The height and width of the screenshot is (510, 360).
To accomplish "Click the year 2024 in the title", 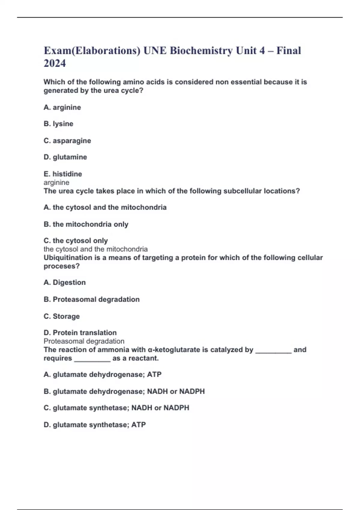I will click(55, 63).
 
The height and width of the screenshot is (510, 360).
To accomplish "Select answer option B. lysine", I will click(58, 124).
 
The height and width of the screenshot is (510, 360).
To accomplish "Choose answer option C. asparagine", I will click(67, 141).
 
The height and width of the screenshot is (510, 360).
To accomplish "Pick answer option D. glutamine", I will click(65, 157).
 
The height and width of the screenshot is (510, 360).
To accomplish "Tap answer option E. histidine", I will click(63, 174).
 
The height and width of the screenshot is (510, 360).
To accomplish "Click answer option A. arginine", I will click(62, 107).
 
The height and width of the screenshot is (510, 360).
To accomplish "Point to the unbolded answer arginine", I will click(56, 182).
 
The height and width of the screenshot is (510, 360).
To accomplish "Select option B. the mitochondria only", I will click(86, 224).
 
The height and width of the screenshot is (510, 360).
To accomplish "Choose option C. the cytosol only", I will click(76, 241).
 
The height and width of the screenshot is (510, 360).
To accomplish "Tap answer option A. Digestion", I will click(65, 283).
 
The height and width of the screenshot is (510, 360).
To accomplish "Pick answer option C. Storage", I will click(62, 316).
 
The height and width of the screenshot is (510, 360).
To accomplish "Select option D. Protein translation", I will click(80, 333).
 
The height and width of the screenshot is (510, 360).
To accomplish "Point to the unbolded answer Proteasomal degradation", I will click(84, 341).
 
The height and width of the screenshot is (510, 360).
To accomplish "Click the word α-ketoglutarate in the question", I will click(174, 350).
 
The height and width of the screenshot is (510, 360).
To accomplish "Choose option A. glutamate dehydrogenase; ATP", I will click(103, 375).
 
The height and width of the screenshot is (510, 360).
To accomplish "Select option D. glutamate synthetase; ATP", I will click(95, 425).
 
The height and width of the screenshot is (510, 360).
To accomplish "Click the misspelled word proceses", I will click(61, 266).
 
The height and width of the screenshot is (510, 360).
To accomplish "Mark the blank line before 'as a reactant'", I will click(92, 359).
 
